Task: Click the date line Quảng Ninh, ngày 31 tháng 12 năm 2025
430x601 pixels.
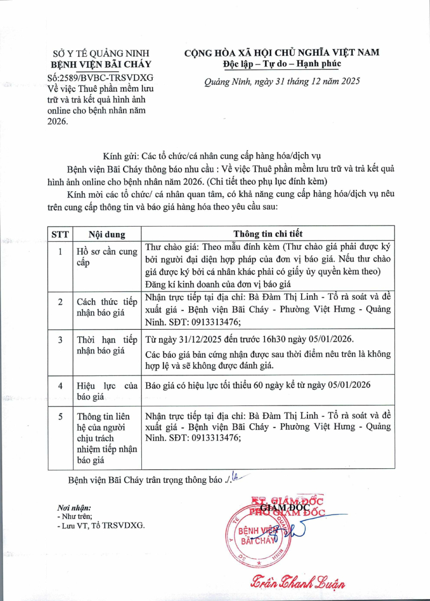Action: click(282, 82)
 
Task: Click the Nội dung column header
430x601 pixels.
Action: click(107, 234)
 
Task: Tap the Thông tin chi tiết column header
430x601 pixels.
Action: click(268, 234)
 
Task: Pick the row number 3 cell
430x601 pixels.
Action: click(60, 340)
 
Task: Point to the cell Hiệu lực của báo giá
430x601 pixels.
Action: click(107, 392)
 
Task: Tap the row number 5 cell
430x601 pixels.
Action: click(60, 417)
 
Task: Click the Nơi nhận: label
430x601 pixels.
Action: click(74, 508)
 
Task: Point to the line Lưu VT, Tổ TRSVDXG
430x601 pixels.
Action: click(102, 526)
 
